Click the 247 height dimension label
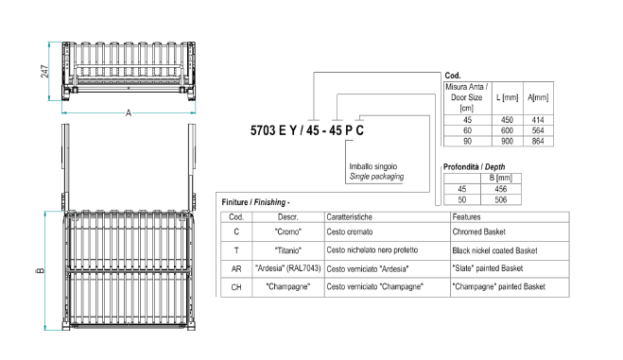(x=44, y=72)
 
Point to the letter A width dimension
(x=129, y=113)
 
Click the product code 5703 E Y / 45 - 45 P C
(x=306, y=130)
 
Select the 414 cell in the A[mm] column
(x=538, y=120)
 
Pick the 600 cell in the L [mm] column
(x=507, y=130)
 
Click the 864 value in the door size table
(x=538, y=142)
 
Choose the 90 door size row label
(x=467, y=142)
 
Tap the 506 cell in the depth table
(x=501, y=199)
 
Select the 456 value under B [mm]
(x=501, y=189)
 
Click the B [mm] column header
(x=501, y=178)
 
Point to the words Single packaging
(x=376, y=177)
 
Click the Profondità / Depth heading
(x=474, y=166)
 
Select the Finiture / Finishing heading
(x=255, y=202)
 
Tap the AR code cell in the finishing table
(x=236, y=269)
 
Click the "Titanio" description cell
(x=288, y=250)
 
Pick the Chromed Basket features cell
(x=478, y=231)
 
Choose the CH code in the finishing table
(x=236, y=287)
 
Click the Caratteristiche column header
(x=349, y=217)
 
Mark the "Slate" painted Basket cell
(x=488, y=268)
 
